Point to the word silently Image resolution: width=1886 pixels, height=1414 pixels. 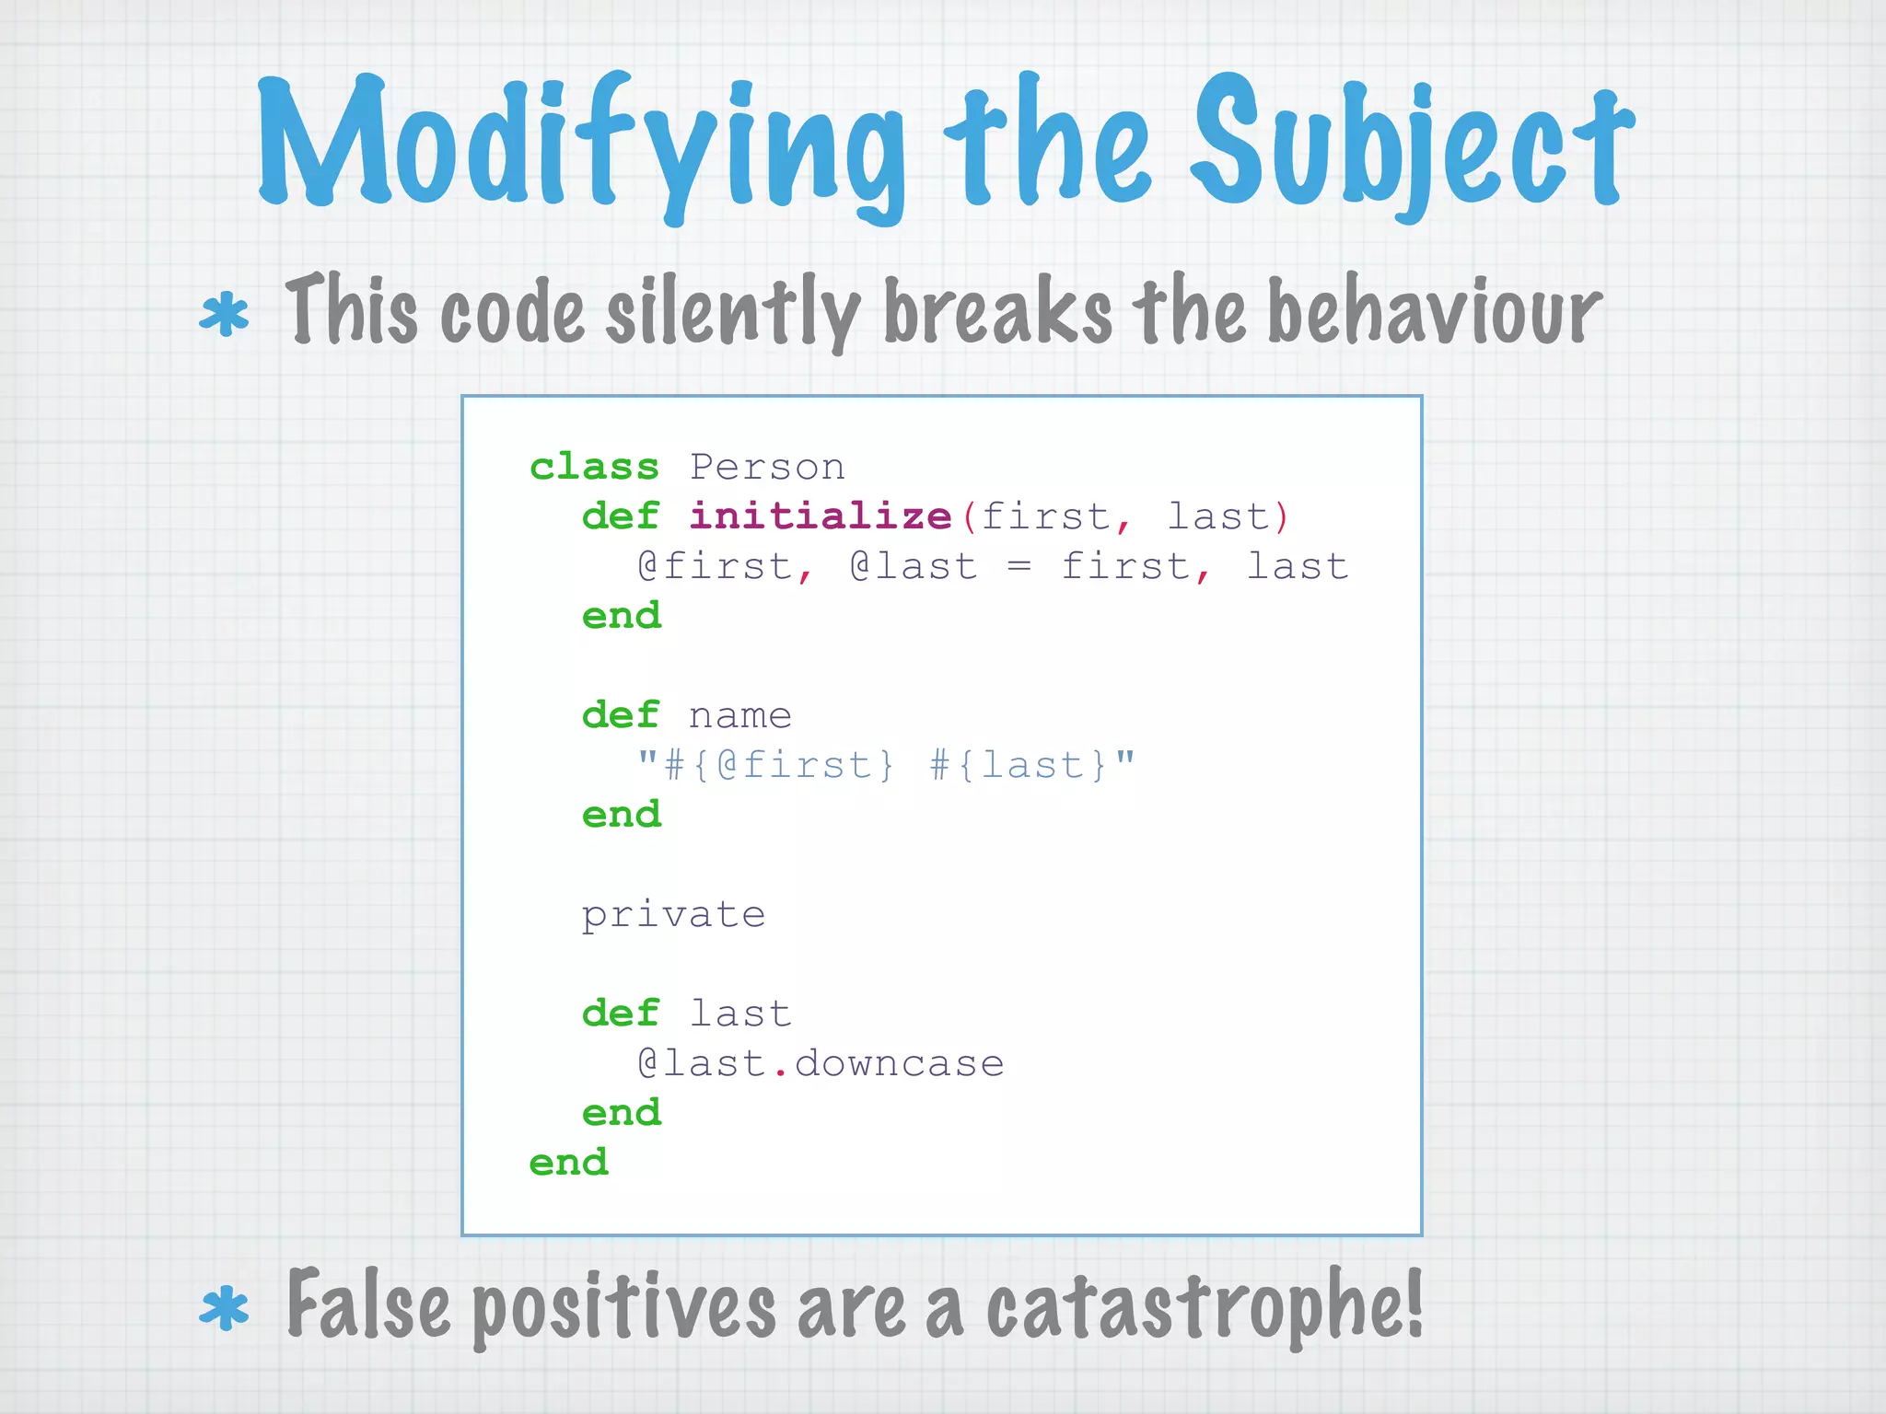732,311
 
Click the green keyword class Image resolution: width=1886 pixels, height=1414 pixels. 594,467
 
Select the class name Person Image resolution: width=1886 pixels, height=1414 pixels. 767,467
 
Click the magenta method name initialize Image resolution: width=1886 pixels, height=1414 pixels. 820,516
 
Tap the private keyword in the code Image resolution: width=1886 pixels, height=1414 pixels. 673,915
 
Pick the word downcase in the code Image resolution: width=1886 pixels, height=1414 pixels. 899,1064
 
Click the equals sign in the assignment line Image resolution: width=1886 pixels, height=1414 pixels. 1018,566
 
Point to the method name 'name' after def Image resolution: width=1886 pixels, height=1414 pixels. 739,716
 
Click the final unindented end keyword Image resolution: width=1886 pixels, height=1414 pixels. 568,1163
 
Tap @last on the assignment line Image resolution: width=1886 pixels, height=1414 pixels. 913,566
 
